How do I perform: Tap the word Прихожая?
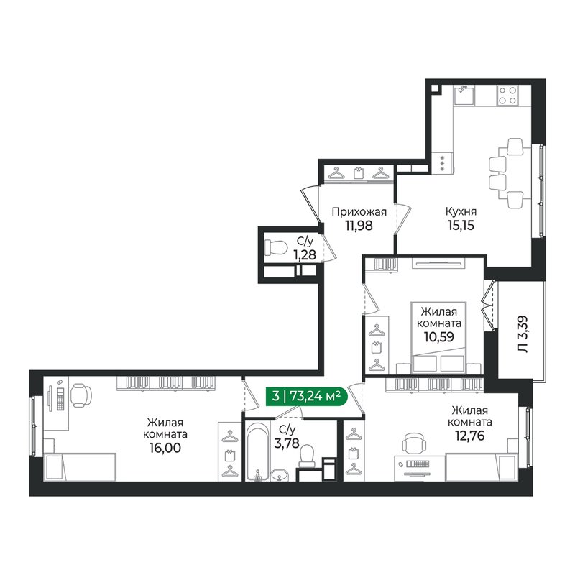click(359, 211)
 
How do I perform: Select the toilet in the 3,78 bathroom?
click(307, 457)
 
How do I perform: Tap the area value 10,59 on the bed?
click(441, 336)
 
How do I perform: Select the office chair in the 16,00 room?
click(80, 394)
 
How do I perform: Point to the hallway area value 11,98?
click(359, 225)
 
